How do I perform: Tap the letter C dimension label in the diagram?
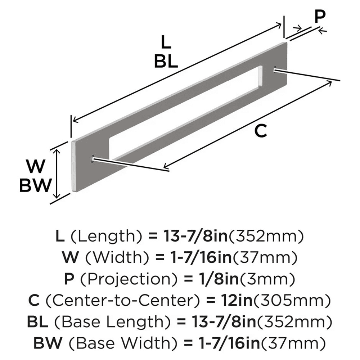260,131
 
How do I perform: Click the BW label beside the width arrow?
35,186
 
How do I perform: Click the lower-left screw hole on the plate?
93,158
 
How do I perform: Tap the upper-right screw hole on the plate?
275,69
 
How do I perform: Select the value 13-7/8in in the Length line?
188,237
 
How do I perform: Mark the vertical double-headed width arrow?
56,174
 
